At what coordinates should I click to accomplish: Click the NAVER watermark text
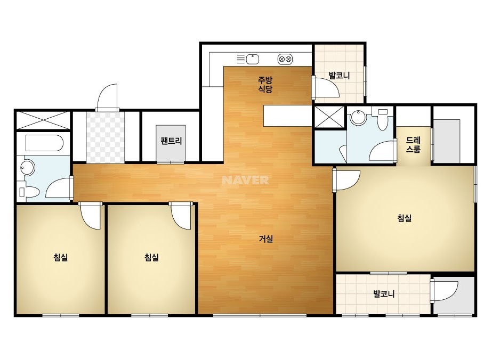[x=245, y=180]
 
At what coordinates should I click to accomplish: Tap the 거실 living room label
[x=266, y=239]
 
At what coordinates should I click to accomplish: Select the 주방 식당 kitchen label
[x=265, y=84]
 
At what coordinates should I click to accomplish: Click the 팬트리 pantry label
[x=171, y=141]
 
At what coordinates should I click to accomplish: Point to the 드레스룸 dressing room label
[x=413, y=144]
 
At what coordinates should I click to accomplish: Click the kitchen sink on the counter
[x=252, y=59]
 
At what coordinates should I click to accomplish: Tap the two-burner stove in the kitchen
[x=285, y=59]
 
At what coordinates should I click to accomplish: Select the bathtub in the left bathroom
[x=44, y=143]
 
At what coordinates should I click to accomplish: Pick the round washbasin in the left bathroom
[x=28, y=167]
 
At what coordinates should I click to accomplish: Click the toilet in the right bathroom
[x=383, y=119]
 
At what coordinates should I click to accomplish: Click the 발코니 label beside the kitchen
[x=339, y=76]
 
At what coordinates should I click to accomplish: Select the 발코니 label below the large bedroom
[x=384, y=294]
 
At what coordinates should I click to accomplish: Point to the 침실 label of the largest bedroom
[x=405, y=218]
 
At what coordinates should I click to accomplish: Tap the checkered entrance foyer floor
[x=105, y=137]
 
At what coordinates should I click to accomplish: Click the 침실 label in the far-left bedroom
[x=61, y=258]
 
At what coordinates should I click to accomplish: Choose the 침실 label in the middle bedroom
[x=151, y=258]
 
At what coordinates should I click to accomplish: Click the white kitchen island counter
[x=288, y=116]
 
